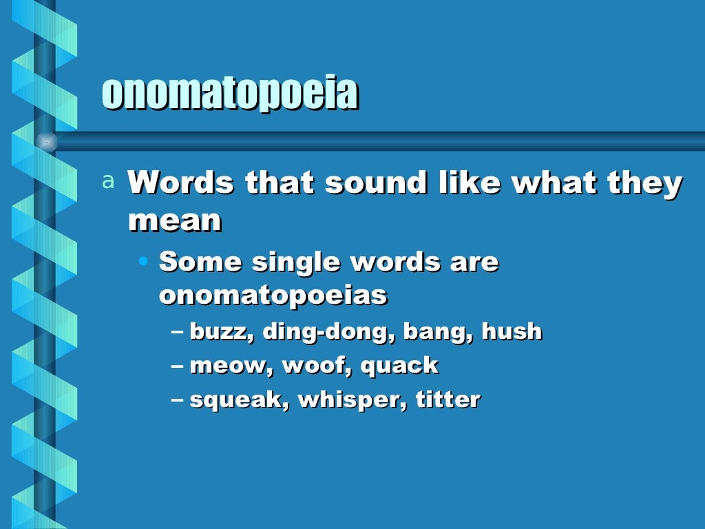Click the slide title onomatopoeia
pos(230,94)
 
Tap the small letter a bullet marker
pos(107,181)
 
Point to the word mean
pos(175,220)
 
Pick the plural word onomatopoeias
pos(273,295)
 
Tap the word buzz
pos(216,332)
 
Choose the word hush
pos(512,331)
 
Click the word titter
pos(448,400)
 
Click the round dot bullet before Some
pos(143,262)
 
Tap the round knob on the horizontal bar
pos(46,141)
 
